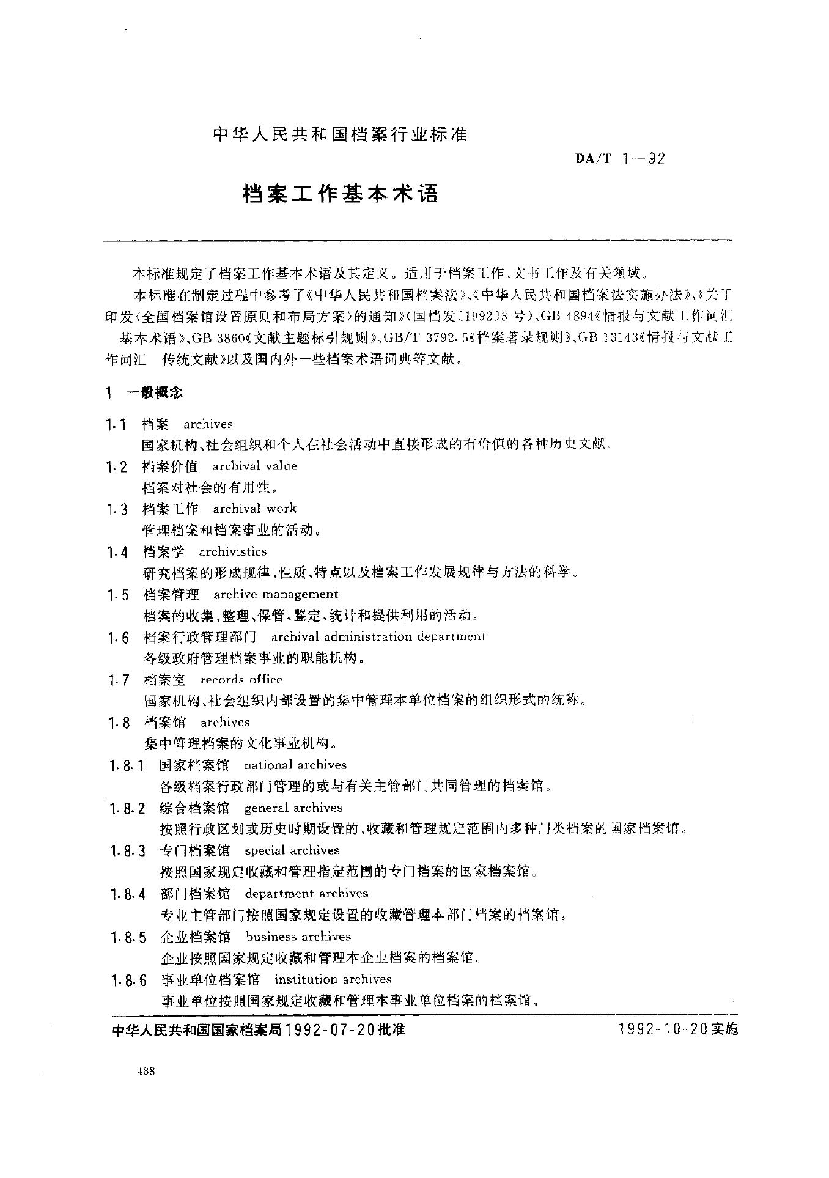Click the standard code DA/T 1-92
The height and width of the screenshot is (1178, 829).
pos(619,159)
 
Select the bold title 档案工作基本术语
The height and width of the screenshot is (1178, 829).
pos(341,194)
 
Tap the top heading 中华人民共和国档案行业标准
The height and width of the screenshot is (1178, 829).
pos(340,134)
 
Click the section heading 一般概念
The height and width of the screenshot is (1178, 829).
pos(153,392)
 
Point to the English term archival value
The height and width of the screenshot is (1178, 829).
pos(255,466)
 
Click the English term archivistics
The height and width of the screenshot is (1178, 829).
pos(233,551)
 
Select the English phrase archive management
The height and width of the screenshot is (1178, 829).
pos(276,594)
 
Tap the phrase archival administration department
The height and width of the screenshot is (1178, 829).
pos(378,637)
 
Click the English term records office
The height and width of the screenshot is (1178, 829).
pos(241,679)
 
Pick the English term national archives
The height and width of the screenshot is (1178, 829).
pos(295,765)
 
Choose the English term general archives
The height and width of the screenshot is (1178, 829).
pos(293,808)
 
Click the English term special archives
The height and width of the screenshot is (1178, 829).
pos(292,850)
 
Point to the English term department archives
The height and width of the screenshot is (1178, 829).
pos(307,894)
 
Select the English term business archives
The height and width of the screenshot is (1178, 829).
pos(298,937)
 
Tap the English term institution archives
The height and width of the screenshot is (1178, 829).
pos(333,979)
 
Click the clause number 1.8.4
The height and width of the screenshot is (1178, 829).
pos(128,895)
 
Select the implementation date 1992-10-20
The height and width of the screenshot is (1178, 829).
pos(662,1029)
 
